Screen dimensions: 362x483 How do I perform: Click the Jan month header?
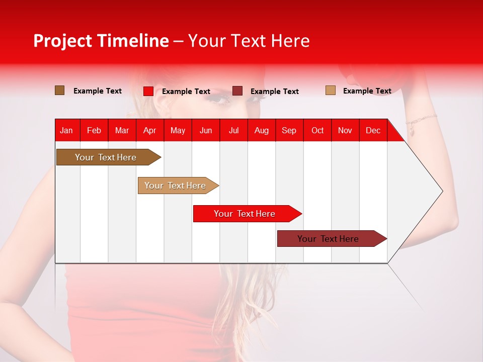[x=67, y=130]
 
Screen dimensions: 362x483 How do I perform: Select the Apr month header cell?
[x=150, y=130]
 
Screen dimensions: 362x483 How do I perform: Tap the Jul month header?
[x=233, y=130]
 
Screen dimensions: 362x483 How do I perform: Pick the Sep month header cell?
[x=289, y=130]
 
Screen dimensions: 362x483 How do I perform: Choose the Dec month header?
[x=373, y=130]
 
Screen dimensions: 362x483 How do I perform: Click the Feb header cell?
[x=94, y=130]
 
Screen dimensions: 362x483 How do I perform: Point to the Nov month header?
[x=345, y=130]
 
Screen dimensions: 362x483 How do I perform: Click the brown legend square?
[x=60, y=90]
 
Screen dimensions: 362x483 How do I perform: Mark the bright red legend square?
[x=148, y=91]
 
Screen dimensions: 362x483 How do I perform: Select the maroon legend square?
[x=237, y=91]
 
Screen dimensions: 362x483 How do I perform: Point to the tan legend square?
[x=331, y=90]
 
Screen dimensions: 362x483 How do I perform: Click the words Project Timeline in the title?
[x=101, y=41]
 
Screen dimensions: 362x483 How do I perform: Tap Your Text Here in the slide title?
[x=249, y=41]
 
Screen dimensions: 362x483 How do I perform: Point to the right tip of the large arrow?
[x=442, y=191]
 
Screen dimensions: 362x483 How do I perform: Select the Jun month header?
[x=206, y=130]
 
